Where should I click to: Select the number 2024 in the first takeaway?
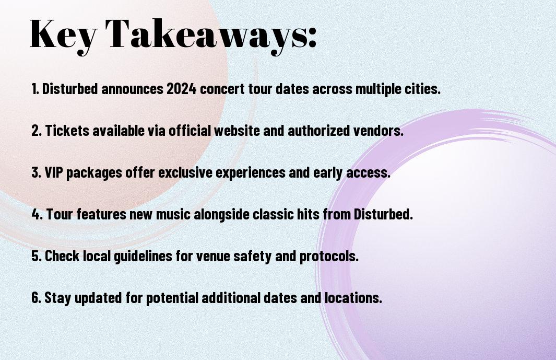click(181, 88)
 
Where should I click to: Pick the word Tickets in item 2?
click(67, 130)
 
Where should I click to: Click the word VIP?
click(54, 172)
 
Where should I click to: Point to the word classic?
click(276, 214)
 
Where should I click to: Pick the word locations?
click(353, 297)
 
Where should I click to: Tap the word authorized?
click(318, 130)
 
